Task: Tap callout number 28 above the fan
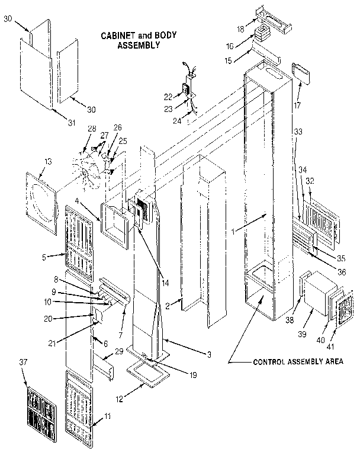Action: [x=91, y=129]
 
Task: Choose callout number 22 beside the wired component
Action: [x=168, y=96]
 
